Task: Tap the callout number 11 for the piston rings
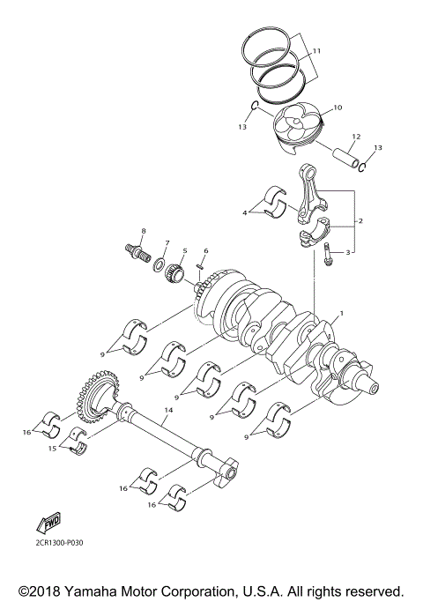click(x=316, y=51)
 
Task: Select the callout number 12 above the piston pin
click(x=356, y=137)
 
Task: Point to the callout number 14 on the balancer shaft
click(x=168, y=412)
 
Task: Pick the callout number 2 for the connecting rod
click(x=360, y=220)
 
